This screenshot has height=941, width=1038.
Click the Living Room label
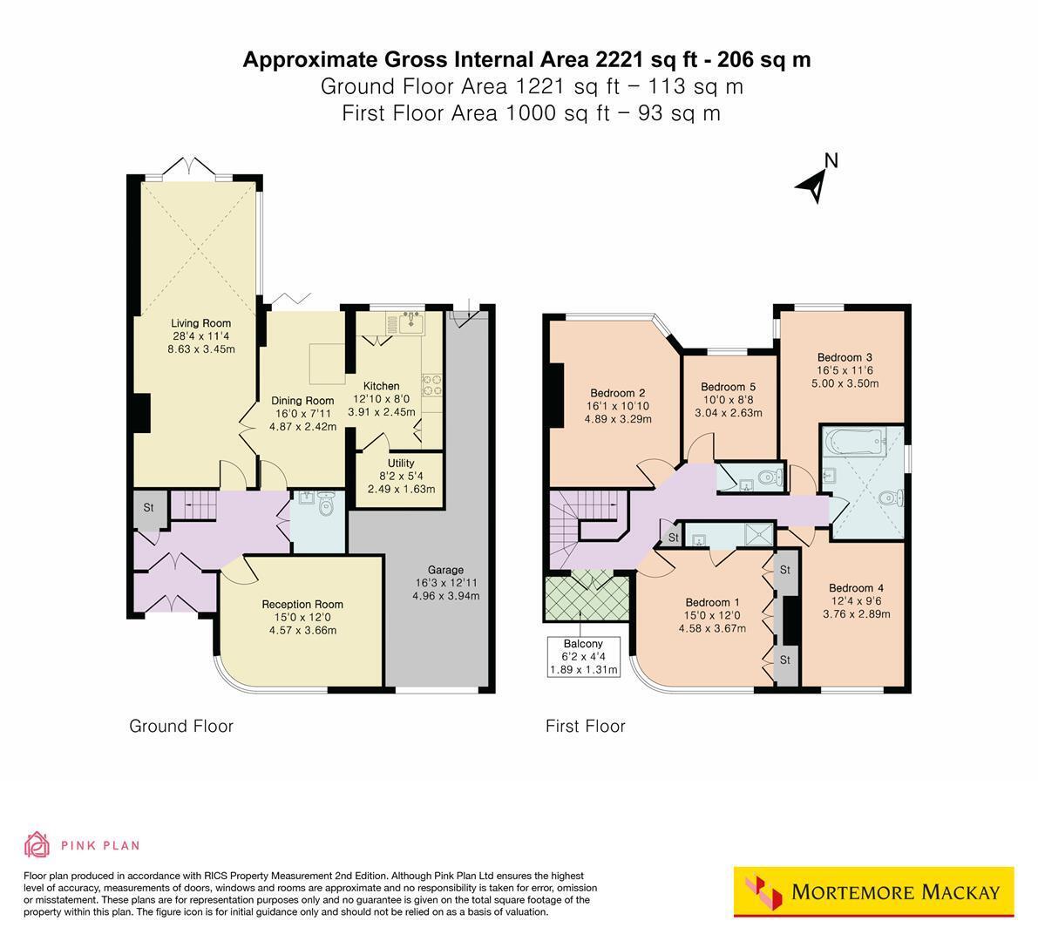pyautogui.click(x=201, y=323)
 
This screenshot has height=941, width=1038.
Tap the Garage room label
pyautogui.click(x=445, y=570)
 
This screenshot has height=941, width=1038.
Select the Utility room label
pyautogui.click(x=401, y=464)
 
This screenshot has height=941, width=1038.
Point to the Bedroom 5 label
pyautogui.click(x=729, y=387)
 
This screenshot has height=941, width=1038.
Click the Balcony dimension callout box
pyautogui.click(x=583, y=656)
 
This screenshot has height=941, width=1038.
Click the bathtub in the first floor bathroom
pyautogui.click(x=854, y=440)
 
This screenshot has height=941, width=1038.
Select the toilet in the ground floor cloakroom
pyautogui.click(x=326, y=503)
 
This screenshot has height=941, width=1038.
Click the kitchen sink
pyautogui.click(x=412, y=322)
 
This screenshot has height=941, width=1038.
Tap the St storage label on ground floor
pyautogui.click(x=148, y=508)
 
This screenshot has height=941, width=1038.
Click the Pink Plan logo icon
pyautogui.click(x=37, y=844)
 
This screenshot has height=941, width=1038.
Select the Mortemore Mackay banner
pyautogui.click(x=874, y=892)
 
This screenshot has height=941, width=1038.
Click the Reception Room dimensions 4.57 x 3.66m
pyautogui.click(x=302, y=631)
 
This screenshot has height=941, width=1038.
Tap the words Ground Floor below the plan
pyautogui.click(x=181, y=727)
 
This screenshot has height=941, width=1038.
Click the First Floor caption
pyautogui.click(x=585, y=727)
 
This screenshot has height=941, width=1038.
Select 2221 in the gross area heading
pyautogui.click(x=620, y=59)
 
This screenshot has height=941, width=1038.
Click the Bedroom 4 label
pyautogui.click(x=856, y=588)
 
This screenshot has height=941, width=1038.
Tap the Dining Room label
pyautogui.click(x=302, y=401)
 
